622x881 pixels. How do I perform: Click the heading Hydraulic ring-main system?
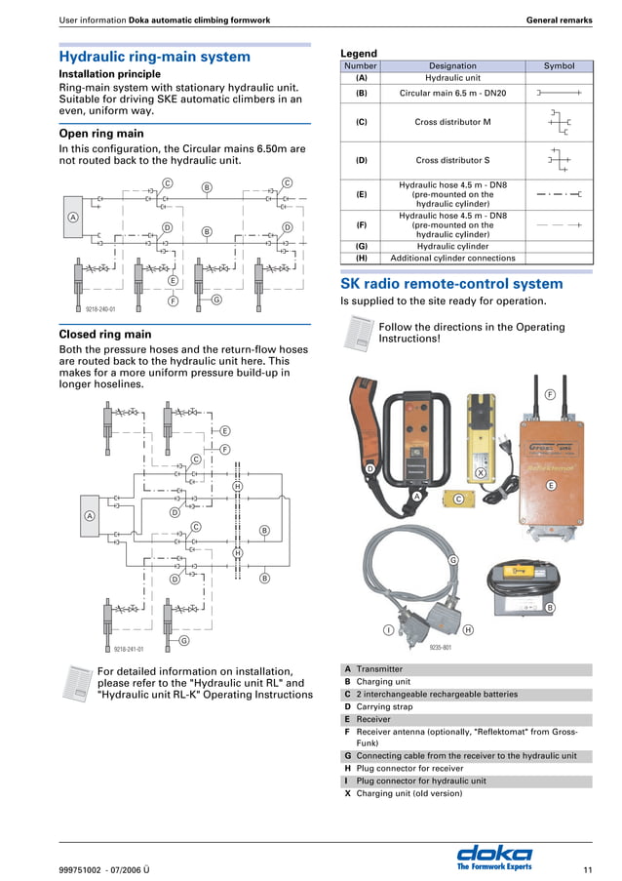pos(155,57)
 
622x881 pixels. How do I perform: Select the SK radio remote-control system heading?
pos(451,284)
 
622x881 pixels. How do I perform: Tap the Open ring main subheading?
pos(101,134)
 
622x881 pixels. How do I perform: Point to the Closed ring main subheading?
pos(105,335)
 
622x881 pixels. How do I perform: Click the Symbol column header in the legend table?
pos(559,66)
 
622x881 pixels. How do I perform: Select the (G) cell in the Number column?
pos(361,247)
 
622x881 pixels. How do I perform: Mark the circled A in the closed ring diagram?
pos(89,515)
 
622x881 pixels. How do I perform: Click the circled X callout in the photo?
pos(481,472)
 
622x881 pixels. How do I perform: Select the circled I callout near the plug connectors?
pos(388,630)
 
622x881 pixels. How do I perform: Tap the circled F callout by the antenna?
pos(550,394)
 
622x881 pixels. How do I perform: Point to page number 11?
pos(587,869)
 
